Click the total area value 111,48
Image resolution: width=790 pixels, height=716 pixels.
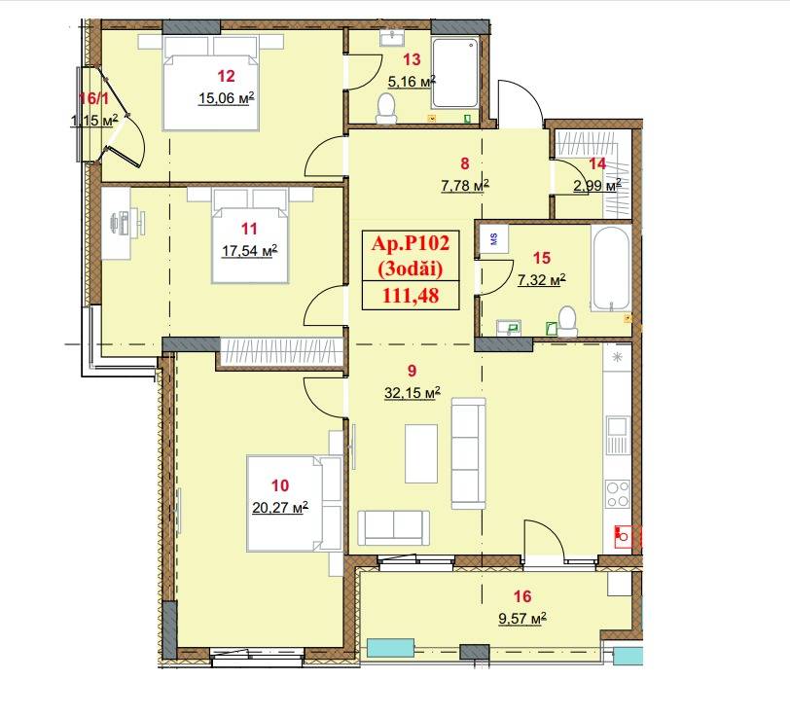tap(411, 295)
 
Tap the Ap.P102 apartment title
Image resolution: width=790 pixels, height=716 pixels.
tap(411, 243)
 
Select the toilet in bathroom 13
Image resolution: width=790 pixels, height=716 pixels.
tap(386, 108)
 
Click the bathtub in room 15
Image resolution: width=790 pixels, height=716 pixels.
tap(611, 268)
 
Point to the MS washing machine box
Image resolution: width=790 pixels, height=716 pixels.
tap(494, 239)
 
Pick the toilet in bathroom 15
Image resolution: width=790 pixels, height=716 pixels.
tap(567, 321)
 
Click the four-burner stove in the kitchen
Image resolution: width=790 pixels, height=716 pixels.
tap(618, 494)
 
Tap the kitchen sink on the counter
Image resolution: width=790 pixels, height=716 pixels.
tap(618, 434)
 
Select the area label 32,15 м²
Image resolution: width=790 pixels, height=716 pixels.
tap(413, 392)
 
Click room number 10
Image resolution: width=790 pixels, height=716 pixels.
tap(280, 485)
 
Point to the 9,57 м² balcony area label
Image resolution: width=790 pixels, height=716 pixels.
tap(522, 619)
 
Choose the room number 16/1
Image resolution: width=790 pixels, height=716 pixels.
tap(94, 98)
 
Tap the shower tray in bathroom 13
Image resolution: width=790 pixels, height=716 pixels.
tap(454, 73)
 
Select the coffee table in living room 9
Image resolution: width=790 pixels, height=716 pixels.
tap(421, 453)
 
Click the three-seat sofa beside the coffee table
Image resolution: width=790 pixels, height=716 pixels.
tap(469, 453)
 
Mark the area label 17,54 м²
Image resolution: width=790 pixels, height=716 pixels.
tap(249, 250)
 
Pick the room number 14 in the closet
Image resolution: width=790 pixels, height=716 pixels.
tap(597, 163)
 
